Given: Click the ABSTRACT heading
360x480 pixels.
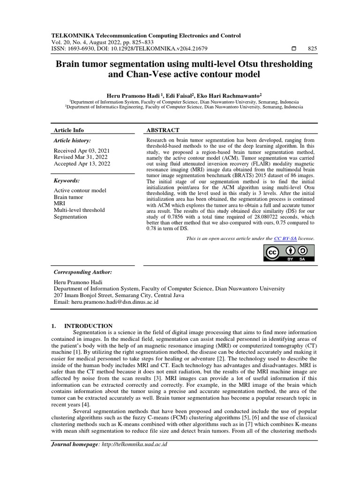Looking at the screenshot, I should (x=163, y=130).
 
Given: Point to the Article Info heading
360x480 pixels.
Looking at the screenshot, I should (x=69, y=130).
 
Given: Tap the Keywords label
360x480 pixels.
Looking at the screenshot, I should (x=67, y=180).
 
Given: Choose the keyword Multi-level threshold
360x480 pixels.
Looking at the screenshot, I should (x=79, y=210).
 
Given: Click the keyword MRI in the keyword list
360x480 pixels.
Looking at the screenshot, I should (x=60, y=203).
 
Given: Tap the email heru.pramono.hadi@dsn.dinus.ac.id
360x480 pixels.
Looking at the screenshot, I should (x=106, y=302).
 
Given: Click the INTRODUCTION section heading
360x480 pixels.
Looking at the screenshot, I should (x=88, y=326).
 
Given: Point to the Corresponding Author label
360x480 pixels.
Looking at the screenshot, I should (x=82, y=272).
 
